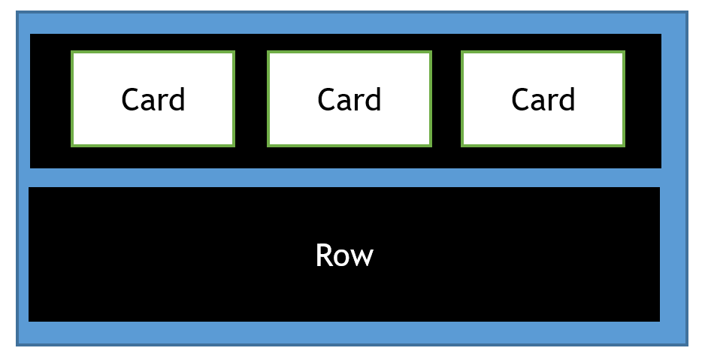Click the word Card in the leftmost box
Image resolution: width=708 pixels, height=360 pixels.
[153, 99]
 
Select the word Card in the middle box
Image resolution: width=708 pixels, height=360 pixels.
[349, 99]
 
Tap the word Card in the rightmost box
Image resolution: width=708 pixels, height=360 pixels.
[543, 99]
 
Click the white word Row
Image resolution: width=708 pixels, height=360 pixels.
[344, 256]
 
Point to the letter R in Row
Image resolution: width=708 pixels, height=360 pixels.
[323, 256]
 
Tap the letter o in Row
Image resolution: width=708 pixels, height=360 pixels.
[342, 258]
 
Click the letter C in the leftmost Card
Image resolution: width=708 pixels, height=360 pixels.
[131, 99]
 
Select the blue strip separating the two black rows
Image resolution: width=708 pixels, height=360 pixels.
[344, 177]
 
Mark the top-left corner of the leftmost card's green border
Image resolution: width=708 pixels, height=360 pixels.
[72, 52]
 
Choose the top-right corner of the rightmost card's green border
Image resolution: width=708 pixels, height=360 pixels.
[624, 52]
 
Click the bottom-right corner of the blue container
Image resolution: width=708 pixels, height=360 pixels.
[687, 345]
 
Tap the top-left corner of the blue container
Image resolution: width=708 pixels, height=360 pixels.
[17, 12]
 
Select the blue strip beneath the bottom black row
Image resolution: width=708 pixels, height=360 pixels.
[344, 333]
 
